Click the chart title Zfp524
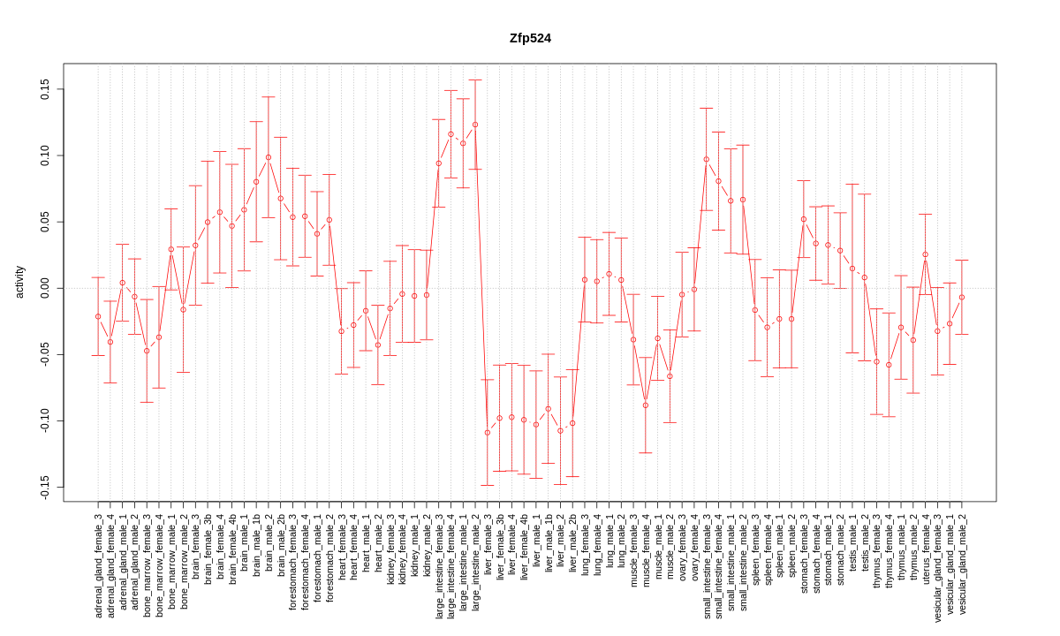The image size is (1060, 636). click(530, 38)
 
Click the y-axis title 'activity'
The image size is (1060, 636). click(19, 282)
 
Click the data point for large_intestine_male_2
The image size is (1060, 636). click(475, 125)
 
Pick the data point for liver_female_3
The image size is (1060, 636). click(487, 432)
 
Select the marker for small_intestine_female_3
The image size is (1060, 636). click(706, 159)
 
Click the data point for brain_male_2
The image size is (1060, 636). click(269, 157)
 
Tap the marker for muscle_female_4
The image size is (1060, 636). click(646, 405)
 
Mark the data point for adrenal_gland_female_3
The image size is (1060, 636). click(98, 316)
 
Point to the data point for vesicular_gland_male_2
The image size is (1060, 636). click(962, 297)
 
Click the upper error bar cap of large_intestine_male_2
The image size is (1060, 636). click(475, 79)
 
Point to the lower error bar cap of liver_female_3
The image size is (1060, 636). click(487, 485)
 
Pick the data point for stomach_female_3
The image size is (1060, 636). click(804, 219)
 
